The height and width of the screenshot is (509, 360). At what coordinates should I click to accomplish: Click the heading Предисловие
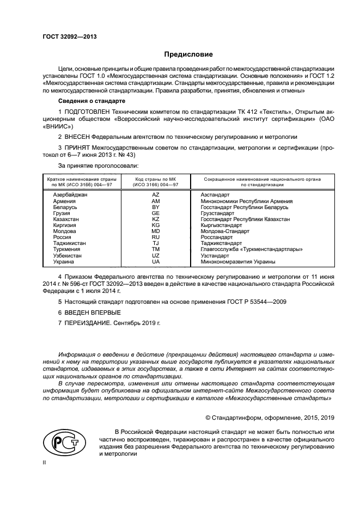189,54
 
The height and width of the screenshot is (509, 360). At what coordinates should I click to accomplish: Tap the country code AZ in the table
155,194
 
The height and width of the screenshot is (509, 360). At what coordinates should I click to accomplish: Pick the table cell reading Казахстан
66,219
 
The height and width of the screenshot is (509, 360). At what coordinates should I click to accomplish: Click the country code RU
155,237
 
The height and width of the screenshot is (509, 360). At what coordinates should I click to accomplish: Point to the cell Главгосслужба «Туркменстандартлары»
252,249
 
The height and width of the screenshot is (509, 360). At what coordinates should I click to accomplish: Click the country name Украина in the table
63,261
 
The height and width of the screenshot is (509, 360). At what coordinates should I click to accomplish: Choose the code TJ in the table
155,243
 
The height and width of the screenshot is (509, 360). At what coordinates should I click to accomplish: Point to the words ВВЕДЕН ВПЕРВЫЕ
93,312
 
